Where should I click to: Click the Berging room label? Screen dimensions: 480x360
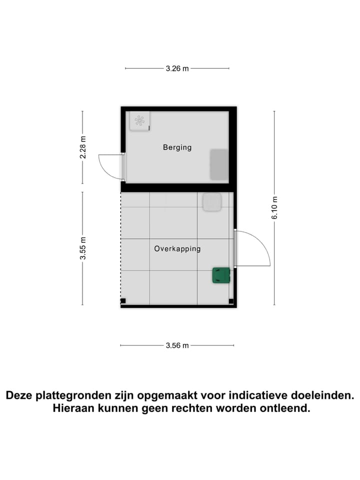coord(177,147)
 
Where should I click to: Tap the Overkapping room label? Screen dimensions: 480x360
coord(177,248)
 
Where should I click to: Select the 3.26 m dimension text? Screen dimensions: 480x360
coord(177,68)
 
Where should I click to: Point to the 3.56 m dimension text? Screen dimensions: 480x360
coord(177,345)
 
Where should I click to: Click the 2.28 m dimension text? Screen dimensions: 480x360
coord(83,147)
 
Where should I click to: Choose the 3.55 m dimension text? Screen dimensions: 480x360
coord(83,248)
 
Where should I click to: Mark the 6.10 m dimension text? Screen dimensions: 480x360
coord(274,207)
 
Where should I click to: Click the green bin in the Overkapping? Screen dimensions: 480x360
coord(220,275)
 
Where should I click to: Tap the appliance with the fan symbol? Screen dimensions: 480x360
coord(140,120)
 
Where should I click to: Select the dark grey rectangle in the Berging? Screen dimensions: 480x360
coord(219,164)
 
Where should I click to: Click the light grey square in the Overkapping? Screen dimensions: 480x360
coord(211,202)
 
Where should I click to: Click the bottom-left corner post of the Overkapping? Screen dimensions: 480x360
coord(123,301)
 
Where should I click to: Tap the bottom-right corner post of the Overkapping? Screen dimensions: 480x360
coord(231,301)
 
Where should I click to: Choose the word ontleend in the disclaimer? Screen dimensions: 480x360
coord(285,408)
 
